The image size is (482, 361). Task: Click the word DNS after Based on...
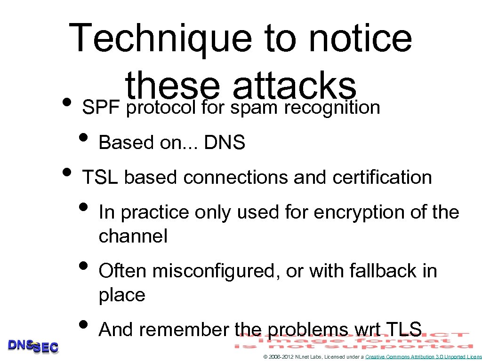pyautogui.click(x=225, y=143)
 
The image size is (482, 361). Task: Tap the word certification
pyautogui.click(x=382, y=178)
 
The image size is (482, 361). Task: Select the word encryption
pyautogui.click(x=360, y=213)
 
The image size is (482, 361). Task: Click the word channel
pyautogui.click(x=133, y=236)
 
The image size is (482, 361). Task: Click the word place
pyautogui.click(x=122, y=295)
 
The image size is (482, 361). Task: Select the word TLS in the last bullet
pyautogui.click(x=403, y=330)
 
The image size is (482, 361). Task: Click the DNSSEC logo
pyautogui.click(x=33, y=346)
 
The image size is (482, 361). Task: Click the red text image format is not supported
pyautogui.click(x=353, y=341)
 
